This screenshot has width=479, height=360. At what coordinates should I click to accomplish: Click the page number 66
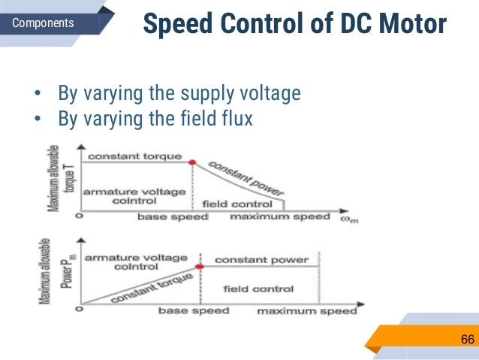tap(467, 340)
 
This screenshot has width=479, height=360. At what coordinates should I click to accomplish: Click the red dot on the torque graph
tap(191, 162)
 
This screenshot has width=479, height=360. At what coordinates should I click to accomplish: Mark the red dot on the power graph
tap(200, 266)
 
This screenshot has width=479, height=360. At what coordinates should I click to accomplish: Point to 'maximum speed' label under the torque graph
tap(279, 217)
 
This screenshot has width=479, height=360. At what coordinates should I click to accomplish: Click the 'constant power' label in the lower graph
tap(261, 260)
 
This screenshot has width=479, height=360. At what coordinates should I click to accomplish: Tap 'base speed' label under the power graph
tap(194, 310)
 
